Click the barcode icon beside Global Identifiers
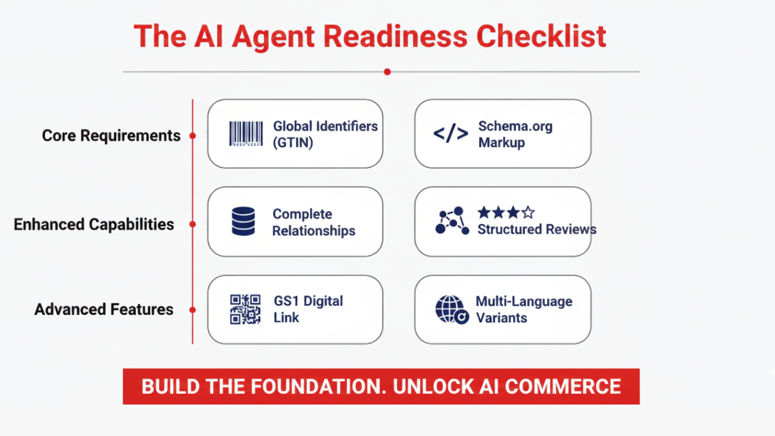[246, 134]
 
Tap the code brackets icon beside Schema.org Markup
[450, 134]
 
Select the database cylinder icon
[243, 222]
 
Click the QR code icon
[245, 309]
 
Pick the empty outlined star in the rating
[528, 213]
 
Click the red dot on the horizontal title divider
[387, 71]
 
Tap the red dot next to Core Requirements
[193, 136]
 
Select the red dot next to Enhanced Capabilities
[193, 224]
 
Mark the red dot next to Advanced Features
[193, 309]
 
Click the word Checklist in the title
[541, 36]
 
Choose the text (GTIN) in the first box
[293, 144]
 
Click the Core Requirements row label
[111, 136]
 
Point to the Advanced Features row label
[104, 309]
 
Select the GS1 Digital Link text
[308, 309]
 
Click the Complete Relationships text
[313, 222]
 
